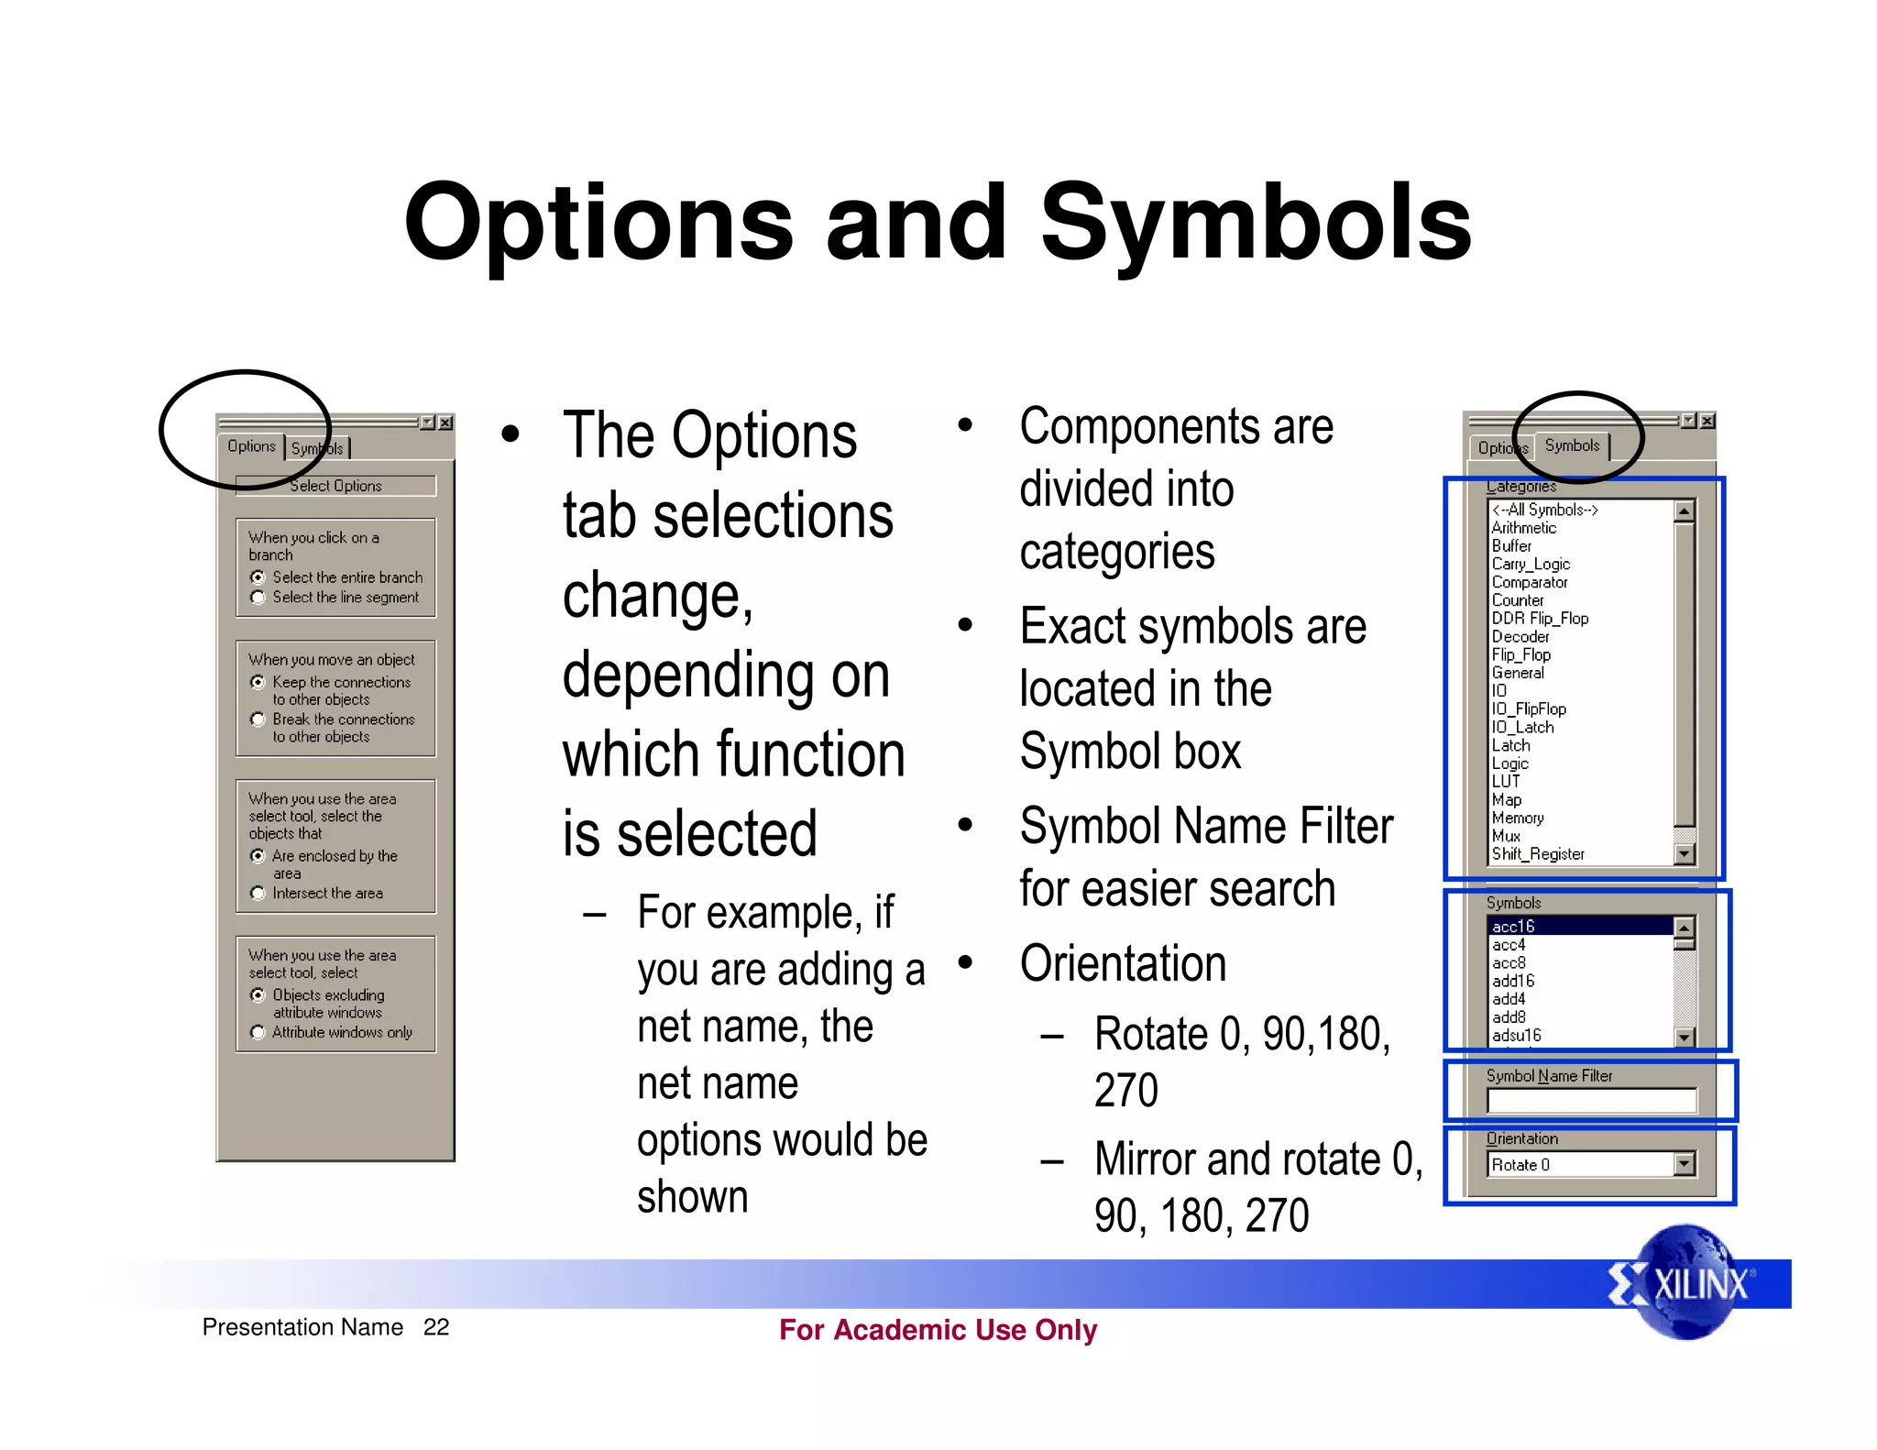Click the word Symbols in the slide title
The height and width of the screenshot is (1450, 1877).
pyautogui.click(x=1256, y=224)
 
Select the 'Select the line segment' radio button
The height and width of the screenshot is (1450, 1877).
pyautogui.click(x=258, y=598)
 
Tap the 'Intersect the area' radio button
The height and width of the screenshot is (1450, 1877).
pyautogui.click(x=258, y=894)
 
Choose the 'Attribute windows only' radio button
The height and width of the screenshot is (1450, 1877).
pyautogui.click(x=258, y=1033)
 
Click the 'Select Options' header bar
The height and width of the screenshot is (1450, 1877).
pyautogui.click(x=335, y=486)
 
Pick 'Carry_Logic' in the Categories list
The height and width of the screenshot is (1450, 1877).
pyautogui.click(x=1531, y=565)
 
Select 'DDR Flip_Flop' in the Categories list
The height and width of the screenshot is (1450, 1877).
pyautogui.click(x=1540, y=619)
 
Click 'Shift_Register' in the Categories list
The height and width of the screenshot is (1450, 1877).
pyautogui.click(x=1538, y=854)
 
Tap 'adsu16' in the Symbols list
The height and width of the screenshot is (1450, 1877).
pyautogui.click(x=1517, y=1036)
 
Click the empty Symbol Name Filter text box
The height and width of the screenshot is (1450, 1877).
pyautogui.click(x=1591, y=1101)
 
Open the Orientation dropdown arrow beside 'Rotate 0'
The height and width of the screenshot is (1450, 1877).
pyautogui.click(x=1684, y=1165)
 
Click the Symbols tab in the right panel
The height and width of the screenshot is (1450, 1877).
pyautogui.click(x=1572, y=446)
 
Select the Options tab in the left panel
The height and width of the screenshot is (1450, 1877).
pyautogui.click(x=251, y=446)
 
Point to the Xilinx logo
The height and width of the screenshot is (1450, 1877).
pyautogui.click(x=1685, y=1283)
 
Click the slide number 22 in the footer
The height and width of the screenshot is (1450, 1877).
pyautogui.click(x=436, y=1327)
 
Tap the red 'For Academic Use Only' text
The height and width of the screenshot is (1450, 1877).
pyautogui.click(x=938, y=1330)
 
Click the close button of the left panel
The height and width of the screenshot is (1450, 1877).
pyautogui.click(x=445, y=423)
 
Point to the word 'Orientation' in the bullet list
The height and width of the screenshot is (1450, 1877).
pyautogui.click(x=1123, y=964)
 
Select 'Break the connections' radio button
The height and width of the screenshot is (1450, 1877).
pyautogui.click(x=258, y=720)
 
